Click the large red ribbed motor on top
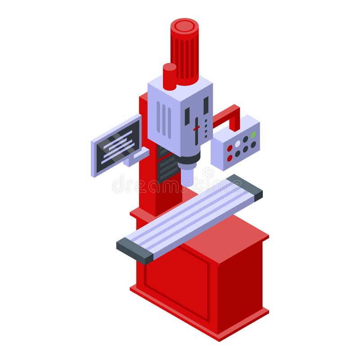pyautogui.click(x=184, y=52)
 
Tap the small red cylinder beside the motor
pyautogui.click(x=169, y=76)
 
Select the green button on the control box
pyautogui.click(x=253, y=135)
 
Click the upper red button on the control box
pyautogui.click(x=229, y=148)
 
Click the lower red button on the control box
pyautogui.click(x=229, y=158)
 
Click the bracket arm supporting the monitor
pyautogui.click(x=140, y=155)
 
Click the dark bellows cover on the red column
pyautogui.click(x=168, y=166)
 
